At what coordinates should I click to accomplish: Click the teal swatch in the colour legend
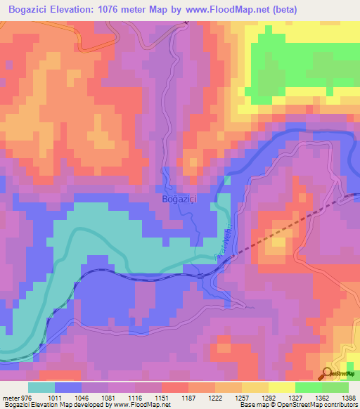(41, 387)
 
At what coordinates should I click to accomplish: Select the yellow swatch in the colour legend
(281, 387)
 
